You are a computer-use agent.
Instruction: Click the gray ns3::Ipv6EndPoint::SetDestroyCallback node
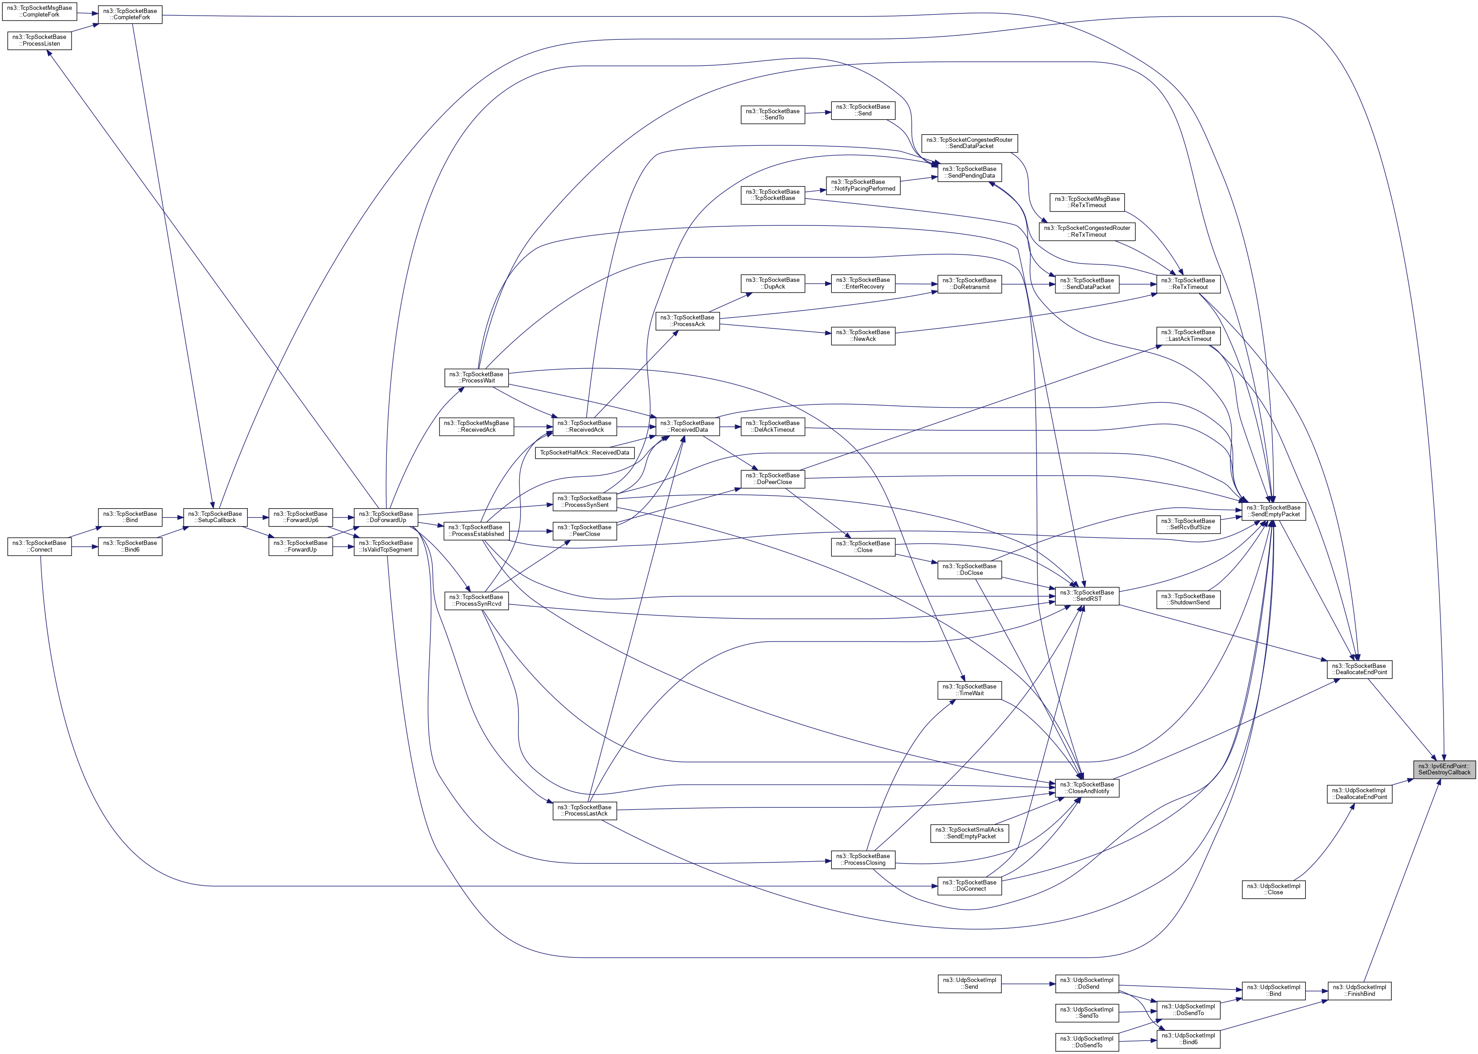tap(1444, 769)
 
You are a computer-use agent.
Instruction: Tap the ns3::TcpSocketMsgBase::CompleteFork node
tap(40, 11)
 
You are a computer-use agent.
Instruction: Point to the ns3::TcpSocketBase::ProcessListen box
tap(40, 40)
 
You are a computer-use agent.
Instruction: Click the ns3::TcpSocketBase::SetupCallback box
tap(215, 517)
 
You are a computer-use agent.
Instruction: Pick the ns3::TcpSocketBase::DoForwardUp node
tap(386, 517)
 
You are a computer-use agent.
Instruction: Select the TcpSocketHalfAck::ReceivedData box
tap(584, 452)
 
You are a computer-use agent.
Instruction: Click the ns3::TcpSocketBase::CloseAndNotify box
tap(1088, 787)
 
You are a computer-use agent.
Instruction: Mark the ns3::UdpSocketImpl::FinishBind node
tap(1359, 990)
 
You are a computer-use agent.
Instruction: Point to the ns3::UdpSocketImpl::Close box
tap(1274, 889)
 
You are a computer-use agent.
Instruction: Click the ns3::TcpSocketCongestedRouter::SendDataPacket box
tap(970, 143)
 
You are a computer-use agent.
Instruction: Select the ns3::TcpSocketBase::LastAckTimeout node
tap(1189, 336)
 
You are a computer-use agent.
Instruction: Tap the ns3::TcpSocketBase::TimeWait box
tap(970, 690)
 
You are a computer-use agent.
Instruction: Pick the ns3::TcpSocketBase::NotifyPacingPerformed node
tap(863, 185)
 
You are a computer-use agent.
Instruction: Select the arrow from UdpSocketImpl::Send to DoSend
tap(1029, 984)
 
